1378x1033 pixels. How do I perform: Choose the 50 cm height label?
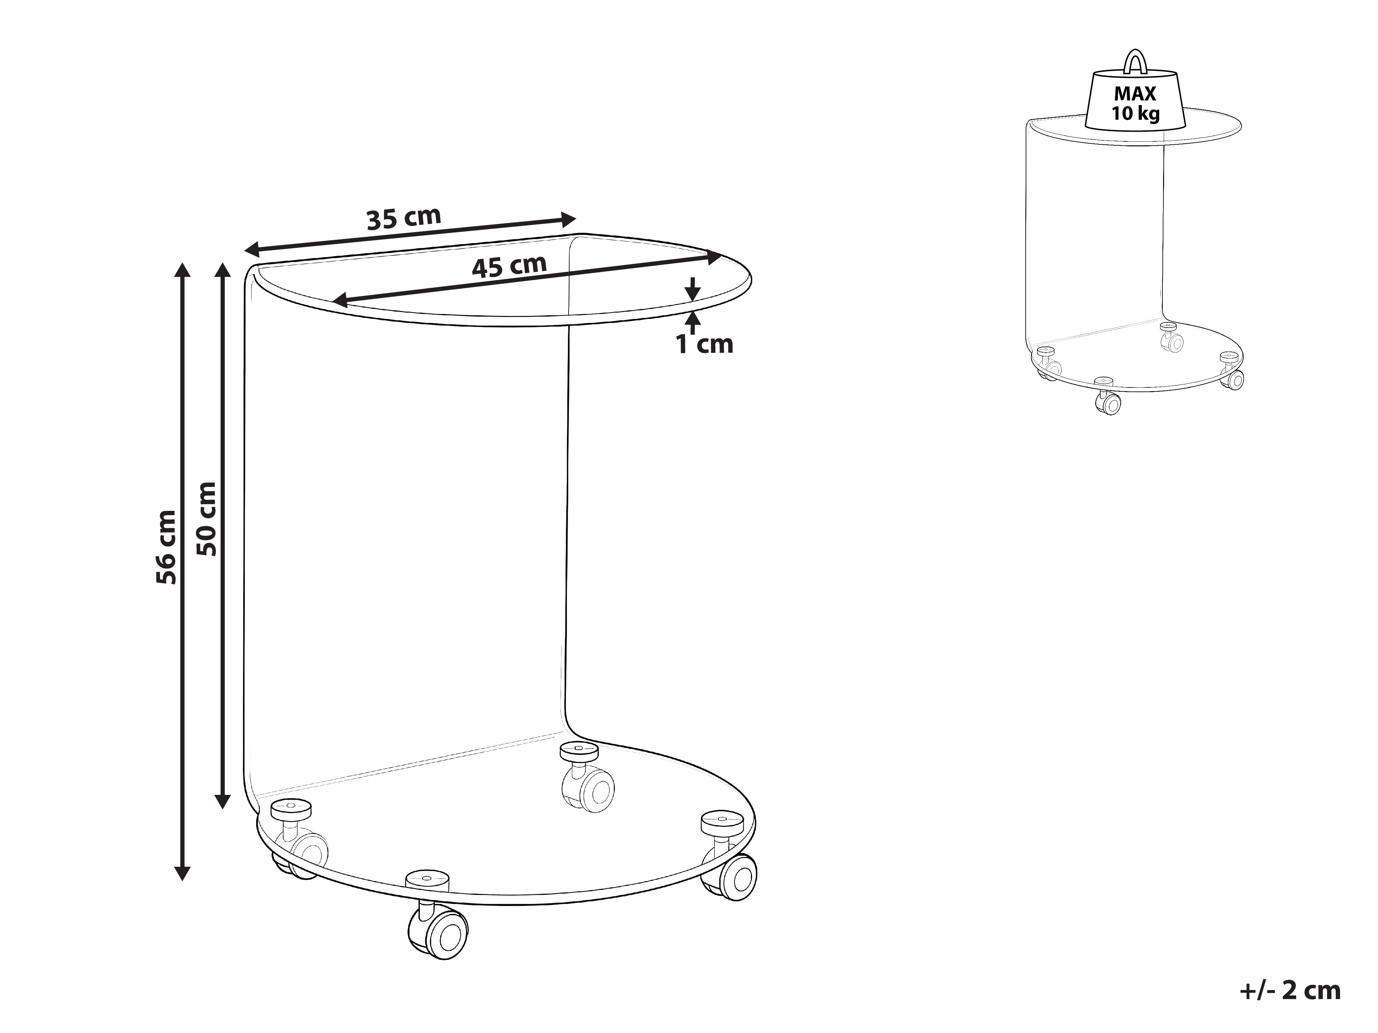click(206, 519)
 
